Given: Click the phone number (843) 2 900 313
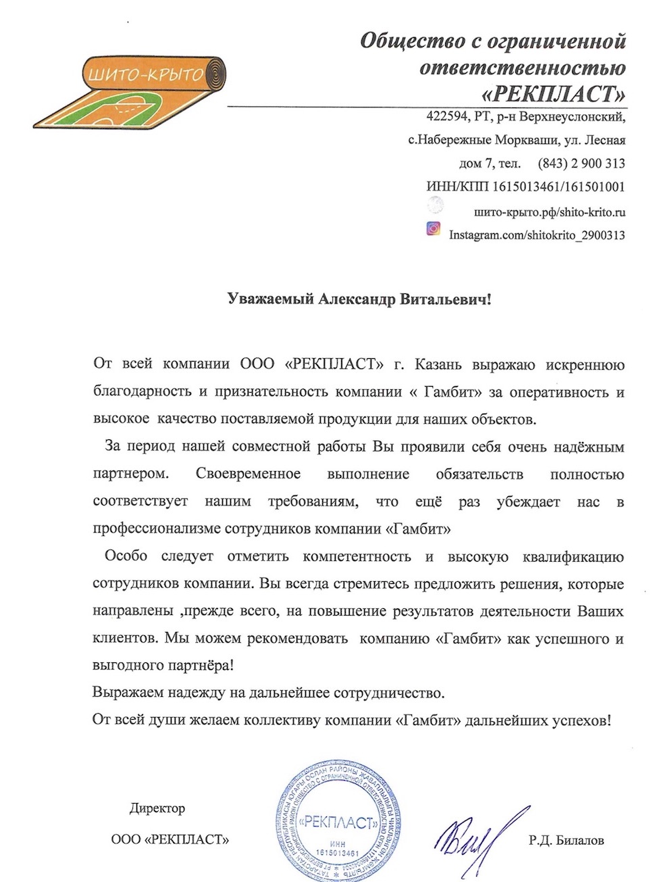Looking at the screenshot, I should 581,163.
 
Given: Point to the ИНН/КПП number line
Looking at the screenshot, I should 525,187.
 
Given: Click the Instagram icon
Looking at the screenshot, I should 434,228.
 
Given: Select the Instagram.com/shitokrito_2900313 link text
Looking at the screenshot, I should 537,235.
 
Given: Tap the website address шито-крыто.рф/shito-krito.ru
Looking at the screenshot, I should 550,212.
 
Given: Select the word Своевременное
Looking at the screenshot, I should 248,473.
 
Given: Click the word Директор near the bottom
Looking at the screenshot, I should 157,808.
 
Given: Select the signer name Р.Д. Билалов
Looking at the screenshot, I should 566,841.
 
